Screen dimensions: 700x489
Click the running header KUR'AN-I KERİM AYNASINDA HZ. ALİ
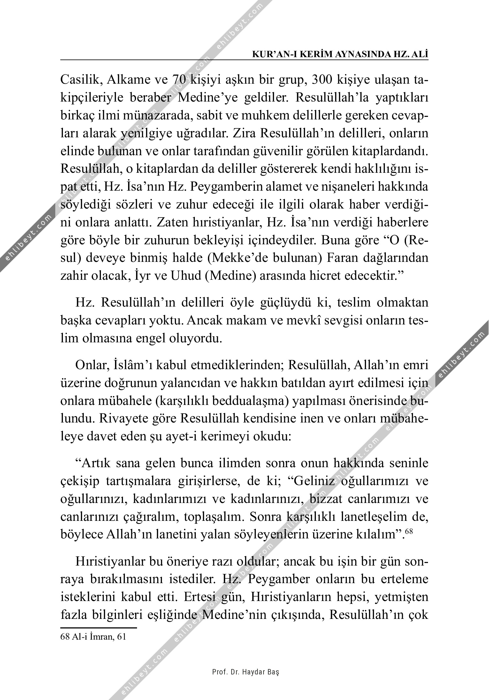click(x=340, y=55)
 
